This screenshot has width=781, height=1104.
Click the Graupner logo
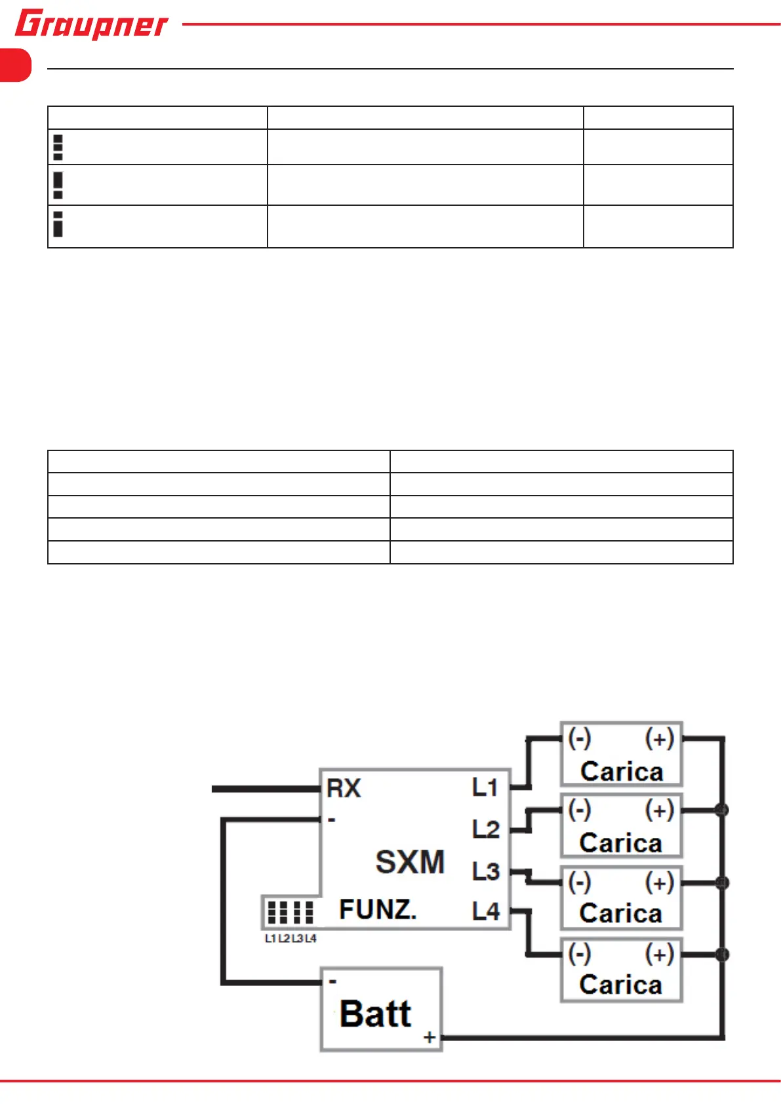click(x=91, y=24)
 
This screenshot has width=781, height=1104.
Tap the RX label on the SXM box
click(x=344, y=788)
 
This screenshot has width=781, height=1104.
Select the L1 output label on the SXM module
click(x=485, y=787)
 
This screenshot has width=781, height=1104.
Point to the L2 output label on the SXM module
click(x=486, y=829)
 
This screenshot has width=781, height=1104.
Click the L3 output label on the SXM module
click(x=486, y=871)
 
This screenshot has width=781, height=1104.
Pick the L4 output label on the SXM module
click(x=486, y=911)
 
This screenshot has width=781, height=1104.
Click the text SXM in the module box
click(x=410, y=861)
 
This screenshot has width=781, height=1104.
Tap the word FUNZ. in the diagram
click(x=378, y=910)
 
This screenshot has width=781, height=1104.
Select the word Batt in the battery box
click(x=376, y=1014)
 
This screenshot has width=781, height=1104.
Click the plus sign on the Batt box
click(x=430, y=1037)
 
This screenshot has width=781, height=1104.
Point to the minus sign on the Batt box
click(x=333, y=981)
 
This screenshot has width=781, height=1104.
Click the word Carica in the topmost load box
click(x=622, y=772)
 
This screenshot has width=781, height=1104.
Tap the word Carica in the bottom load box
click(x=620, y=985)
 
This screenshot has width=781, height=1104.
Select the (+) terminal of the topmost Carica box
click(x=660, y=739)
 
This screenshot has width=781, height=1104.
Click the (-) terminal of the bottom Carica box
click(x=580, y=953)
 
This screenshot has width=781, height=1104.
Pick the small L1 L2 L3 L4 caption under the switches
click(x=290, y=939)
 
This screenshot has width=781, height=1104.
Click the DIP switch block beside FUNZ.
click(x=290, y=912)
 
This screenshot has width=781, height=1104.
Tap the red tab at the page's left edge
click(x=15, y=65)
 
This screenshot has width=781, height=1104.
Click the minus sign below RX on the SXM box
click(x=332, y=819)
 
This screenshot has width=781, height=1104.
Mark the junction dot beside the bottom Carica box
click(x=723, y=954)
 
